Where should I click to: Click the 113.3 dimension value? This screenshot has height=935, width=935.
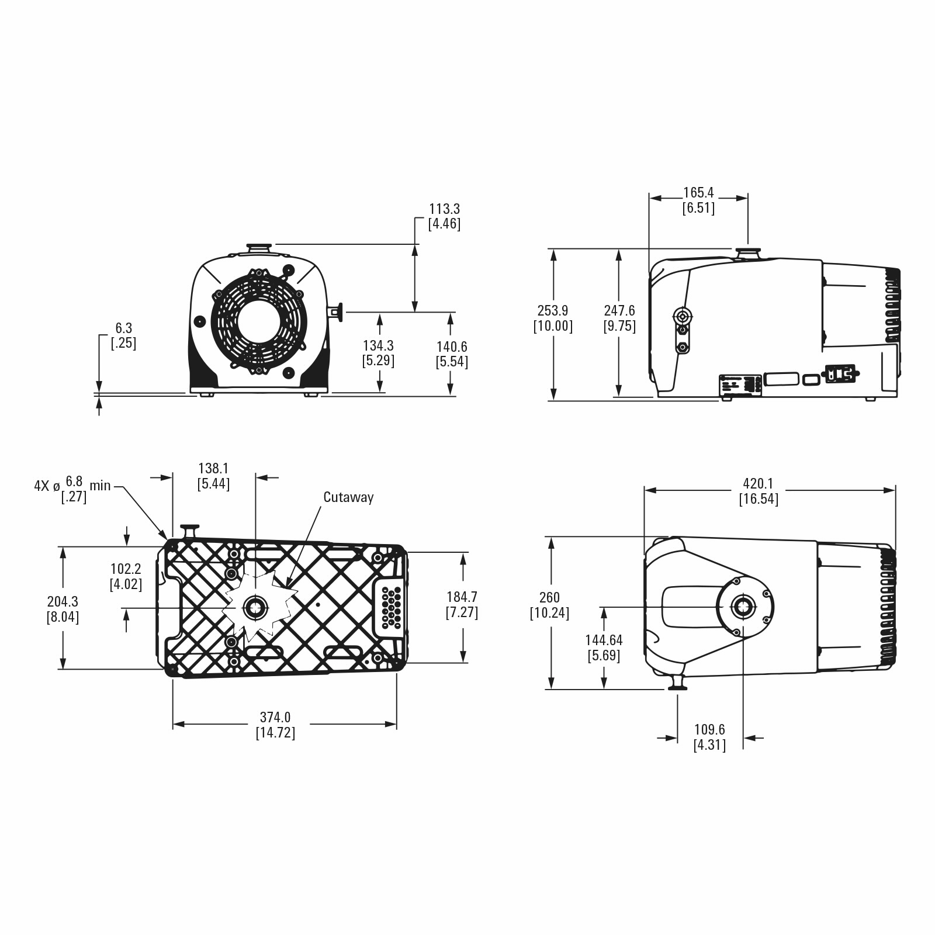(444, 209)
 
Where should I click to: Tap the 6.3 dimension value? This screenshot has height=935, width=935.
(123, 328)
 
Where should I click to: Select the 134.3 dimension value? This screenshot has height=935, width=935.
(378, 346)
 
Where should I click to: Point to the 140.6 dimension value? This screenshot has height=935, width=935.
(452, 347)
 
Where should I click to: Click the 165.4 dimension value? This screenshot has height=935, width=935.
(698, 193)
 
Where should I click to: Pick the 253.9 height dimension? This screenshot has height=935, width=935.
(553, 310)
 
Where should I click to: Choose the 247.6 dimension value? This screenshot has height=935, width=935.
(619, 310)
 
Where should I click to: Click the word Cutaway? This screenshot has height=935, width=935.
(348, 497)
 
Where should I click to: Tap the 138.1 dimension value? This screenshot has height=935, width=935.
(213, 468)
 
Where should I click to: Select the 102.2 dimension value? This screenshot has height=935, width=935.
(126, 569)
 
